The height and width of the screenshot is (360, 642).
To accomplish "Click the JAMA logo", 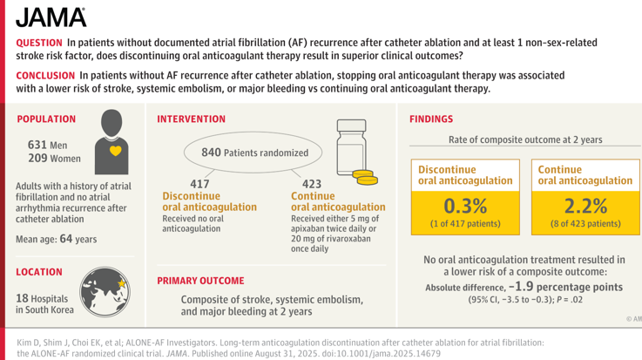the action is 51,17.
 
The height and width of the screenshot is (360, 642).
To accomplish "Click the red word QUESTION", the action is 39,43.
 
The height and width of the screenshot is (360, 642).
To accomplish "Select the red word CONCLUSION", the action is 45,75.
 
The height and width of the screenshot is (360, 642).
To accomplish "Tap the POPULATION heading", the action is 46,119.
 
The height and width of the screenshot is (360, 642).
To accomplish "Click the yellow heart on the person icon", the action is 116,151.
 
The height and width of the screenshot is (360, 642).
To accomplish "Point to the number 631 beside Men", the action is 37,145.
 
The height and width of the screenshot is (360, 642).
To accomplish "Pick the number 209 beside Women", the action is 37,158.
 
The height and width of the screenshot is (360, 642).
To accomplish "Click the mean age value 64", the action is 66,238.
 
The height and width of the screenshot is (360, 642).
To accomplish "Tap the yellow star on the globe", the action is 122,283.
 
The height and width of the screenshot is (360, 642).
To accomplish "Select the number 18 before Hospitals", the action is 22,298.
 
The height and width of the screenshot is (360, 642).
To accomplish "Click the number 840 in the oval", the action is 211,153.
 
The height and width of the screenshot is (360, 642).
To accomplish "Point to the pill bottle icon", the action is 351,147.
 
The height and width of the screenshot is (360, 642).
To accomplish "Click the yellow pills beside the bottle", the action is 365,177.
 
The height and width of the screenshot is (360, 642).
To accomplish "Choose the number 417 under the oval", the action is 199,184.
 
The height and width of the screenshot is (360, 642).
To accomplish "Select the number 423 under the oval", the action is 312,184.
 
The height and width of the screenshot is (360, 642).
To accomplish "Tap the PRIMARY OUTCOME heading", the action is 200,281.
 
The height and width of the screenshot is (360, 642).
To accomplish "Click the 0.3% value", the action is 465,206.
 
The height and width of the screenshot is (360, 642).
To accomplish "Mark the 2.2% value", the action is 585,206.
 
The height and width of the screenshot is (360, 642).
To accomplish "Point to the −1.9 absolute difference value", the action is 521,286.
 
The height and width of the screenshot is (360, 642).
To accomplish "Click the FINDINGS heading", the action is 431,119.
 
